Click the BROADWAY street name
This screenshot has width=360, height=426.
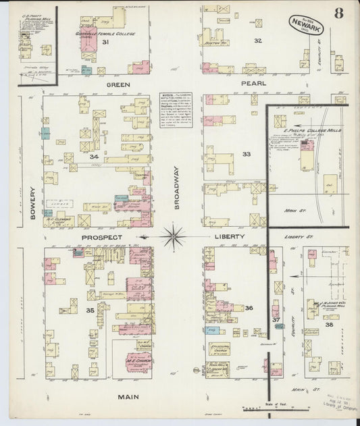click(x=177, y=188)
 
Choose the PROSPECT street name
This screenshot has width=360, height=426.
click(x=102, y=238)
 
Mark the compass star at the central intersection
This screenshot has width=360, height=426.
click(x=174, y=237)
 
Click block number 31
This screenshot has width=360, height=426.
click(x=105, y=42)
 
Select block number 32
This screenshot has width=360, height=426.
click(x=257, y=41)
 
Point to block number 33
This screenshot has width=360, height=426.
click(x=247, y=154)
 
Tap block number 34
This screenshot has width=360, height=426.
click(x=94, y=156)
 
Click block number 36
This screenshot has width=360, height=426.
click(x=249, y=308)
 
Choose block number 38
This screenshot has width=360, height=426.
click(x=329, y=325)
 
